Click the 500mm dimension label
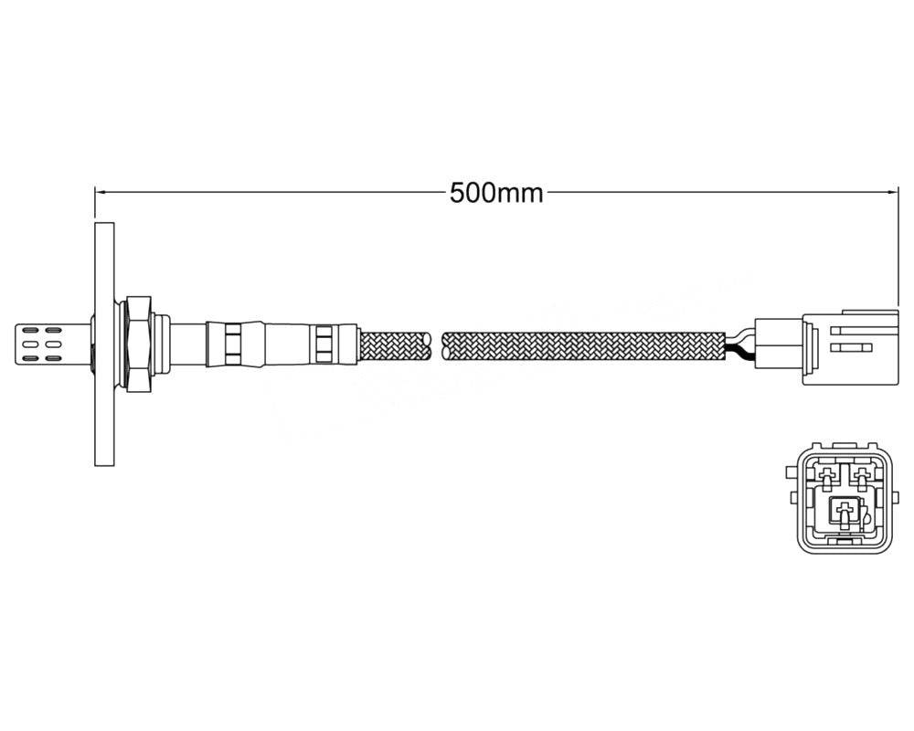tap(496, 193)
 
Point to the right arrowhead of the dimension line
tap(893, 192)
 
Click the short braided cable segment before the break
tap(394, 345)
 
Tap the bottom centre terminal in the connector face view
tap(845, 514)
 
